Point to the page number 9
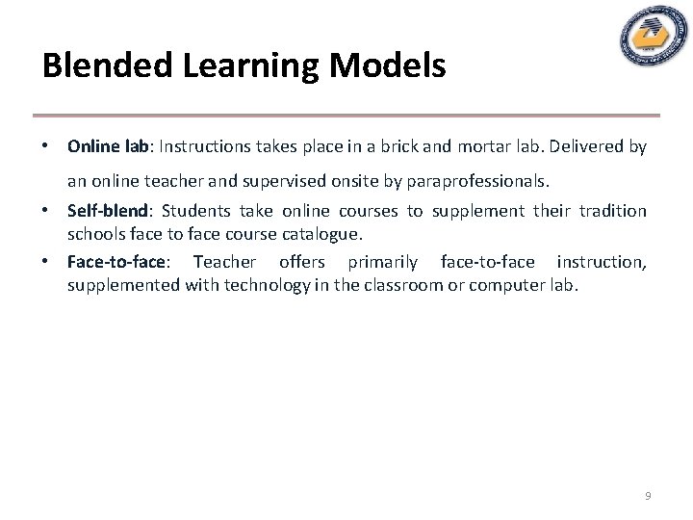pyautogui.click(x=648, y=496)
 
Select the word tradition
pyautogui.click(x=612, y=211)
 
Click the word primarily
pyautogui.click(x=383, y=262)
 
